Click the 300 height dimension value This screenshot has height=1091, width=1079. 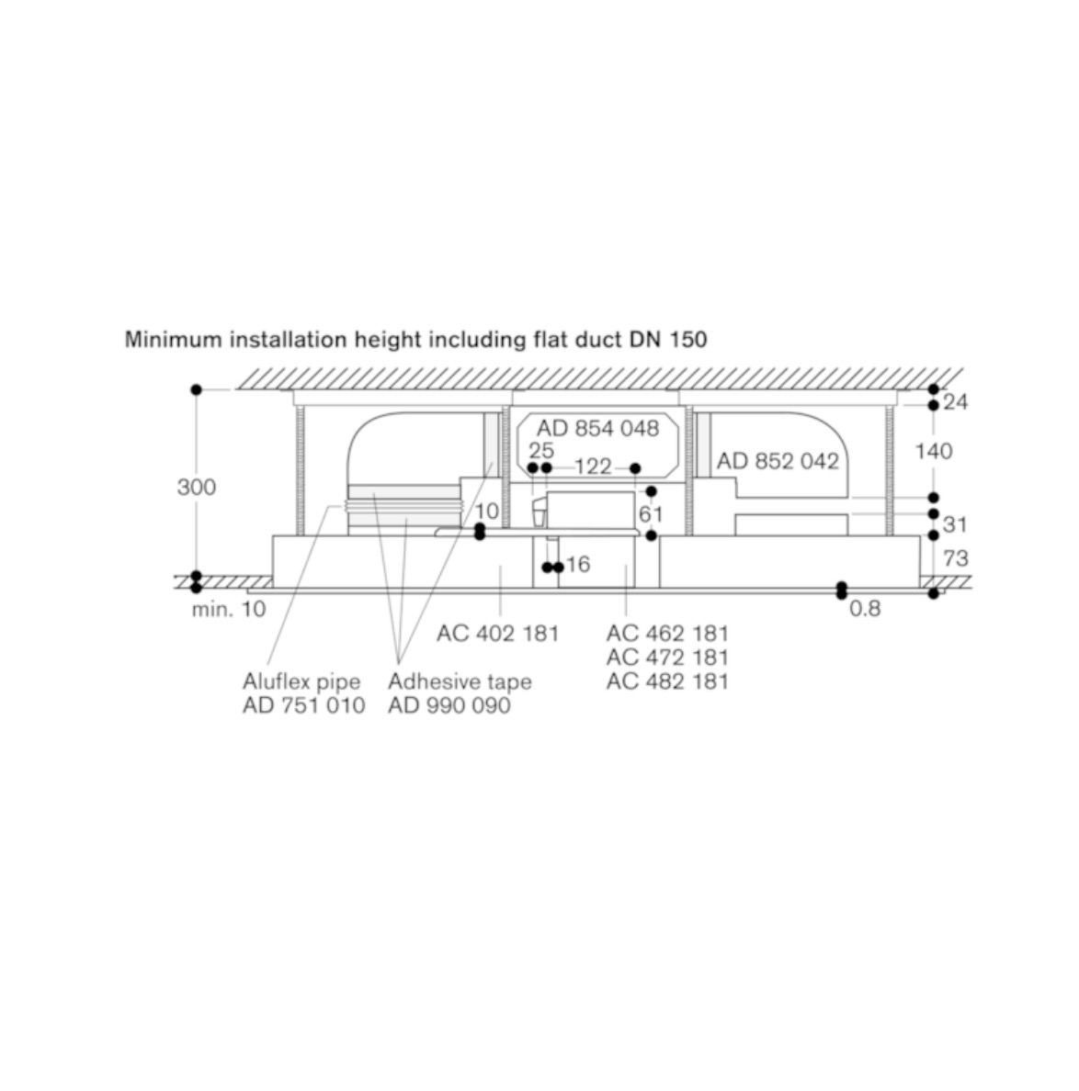pyautogui.click(x=197, y=487)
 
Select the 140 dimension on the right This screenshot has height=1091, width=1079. pyautogui.click(x=934, y=452)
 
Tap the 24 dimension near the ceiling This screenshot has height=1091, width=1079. pyautogui.click(x=955, y=402)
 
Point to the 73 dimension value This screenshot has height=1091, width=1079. pyautogui.click(x=956, y=558)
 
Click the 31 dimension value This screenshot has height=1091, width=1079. pyautogui.click(x=954, y=524)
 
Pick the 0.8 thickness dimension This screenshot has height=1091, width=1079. pyautogui.click(x=865, y=609)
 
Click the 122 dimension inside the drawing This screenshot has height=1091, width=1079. pyautogui.click(x=593, y=467)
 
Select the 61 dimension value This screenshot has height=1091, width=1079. pyautogui.click(x=650, y=514)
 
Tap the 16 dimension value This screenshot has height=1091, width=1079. pyautogui.click(x=578, y=564)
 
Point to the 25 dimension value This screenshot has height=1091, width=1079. pyautogui.click(x=541, y=450)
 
